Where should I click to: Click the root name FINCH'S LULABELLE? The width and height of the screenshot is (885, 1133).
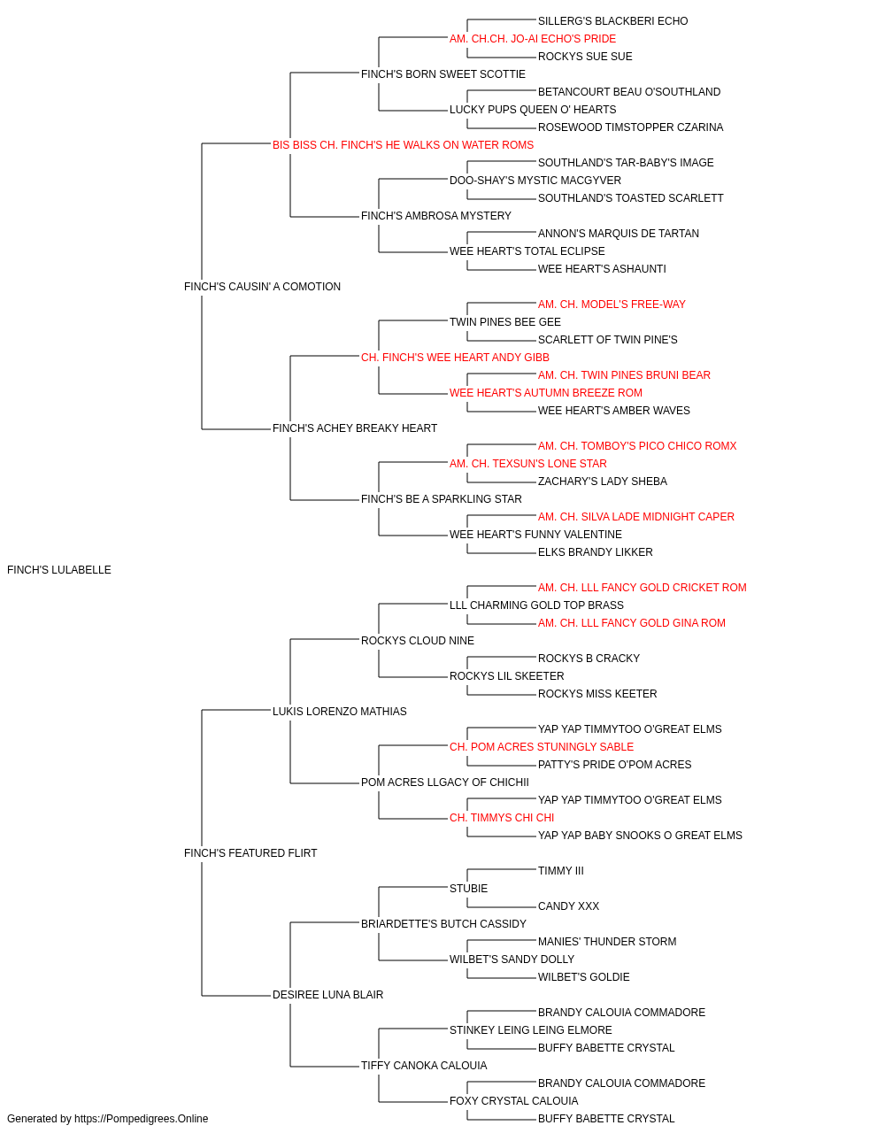pos(59,570)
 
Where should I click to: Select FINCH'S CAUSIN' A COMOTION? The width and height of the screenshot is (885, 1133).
pos(262,286)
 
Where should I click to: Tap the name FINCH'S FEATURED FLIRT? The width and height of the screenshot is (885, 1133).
pos(250,853)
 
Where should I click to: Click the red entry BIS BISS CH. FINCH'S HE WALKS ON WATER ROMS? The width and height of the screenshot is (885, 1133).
pos(403,145)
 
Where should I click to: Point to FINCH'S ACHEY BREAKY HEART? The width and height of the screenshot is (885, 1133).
pos(354,428)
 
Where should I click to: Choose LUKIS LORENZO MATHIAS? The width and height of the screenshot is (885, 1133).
pos(339,711)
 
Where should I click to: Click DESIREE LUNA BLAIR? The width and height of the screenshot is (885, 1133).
pos(327,994)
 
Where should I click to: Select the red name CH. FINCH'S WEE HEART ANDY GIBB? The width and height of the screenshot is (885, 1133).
pos(455,357)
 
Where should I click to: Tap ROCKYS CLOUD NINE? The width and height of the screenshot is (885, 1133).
pos(418,640)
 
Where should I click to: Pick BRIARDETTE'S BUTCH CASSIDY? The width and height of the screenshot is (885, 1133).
pos(443,923)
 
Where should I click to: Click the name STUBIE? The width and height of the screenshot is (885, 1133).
pos(468,888)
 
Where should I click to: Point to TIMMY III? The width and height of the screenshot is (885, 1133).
pos(561,870)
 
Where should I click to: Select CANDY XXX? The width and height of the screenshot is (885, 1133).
pos(568,906)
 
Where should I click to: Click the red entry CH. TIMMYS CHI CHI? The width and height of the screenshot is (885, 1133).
pos(502,818)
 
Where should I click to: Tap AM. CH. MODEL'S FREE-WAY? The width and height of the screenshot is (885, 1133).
pos(612,304)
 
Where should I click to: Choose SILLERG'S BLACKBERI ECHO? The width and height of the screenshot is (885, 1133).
pos(612,21)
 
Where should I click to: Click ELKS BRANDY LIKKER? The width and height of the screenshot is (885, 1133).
pos(595,551)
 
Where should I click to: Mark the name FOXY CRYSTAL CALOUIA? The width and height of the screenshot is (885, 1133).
pos(513,1100)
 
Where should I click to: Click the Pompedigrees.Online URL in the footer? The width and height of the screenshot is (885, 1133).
pos(141,1119)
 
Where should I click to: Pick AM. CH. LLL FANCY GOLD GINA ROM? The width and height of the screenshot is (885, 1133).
pos(631,622)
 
